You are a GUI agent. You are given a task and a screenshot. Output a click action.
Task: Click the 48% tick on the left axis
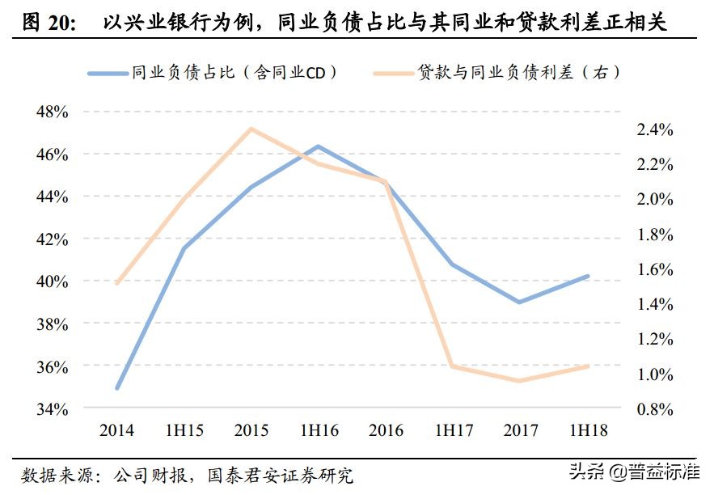pyautogui.click(x=52, y=112)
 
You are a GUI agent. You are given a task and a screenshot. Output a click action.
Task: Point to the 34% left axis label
pyautogui.click(x=52, y=409)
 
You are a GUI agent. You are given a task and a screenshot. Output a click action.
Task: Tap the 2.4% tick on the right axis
pyautogui.click(x=655, y=129)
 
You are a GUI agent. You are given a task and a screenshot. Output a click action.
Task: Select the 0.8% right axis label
pyautogui.click(x=655, y=409)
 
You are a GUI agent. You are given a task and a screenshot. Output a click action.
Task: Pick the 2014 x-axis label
pyautogui.click(x=116, y=429)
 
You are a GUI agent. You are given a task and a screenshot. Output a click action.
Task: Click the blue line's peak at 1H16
pyautogui.click(x=319, y=146)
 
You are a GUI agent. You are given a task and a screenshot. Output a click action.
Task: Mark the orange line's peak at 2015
pyautogui.click(x=251, y=129)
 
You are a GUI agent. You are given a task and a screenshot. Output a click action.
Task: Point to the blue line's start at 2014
pyautogui.click(x=118, y=387)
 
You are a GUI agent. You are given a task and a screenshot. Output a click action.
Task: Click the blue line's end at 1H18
pyautogui.click(x=588, y=276)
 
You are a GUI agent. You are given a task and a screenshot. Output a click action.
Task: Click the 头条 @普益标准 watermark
pyautogui.click(x=633, y=471)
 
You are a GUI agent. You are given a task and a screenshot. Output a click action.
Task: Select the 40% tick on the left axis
pyautogui.click(x=52, y=281)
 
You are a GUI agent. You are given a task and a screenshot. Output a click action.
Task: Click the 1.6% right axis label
pyautogui.click(x=655, y=269)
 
